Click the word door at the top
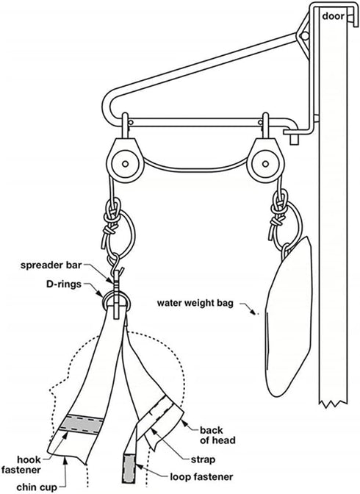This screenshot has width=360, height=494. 333,16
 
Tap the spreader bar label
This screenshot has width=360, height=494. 51,265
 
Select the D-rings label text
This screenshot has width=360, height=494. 64,284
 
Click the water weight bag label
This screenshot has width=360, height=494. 195,304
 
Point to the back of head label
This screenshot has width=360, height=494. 217,435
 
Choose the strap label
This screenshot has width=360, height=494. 204,460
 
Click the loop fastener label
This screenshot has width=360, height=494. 201,477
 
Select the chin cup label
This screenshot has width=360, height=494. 37,487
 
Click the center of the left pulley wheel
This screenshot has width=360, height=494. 125,164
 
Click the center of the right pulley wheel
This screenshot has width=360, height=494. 265,164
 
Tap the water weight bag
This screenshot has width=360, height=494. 287,318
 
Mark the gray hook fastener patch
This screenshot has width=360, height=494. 81,425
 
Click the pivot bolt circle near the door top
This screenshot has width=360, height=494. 305,35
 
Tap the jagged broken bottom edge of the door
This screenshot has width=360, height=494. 334,404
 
